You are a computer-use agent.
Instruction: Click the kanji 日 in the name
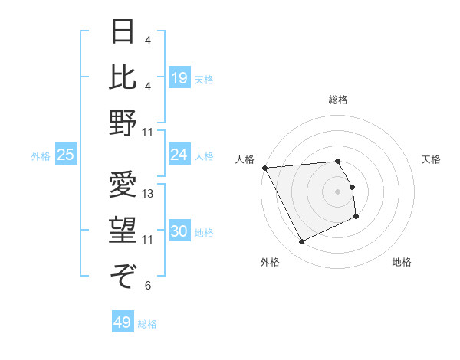click(x=123, y=33)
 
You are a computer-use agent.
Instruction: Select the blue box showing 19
click(x=179, y=77)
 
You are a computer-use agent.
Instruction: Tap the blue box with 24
click(x=179, y=155)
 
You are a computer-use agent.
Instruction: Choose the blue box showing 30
click(x=179, y=232)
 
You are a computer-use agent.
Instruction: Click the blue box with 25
click(x=66, y=155)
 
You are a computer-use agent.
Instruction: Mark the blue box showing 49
click(x=122, y=322)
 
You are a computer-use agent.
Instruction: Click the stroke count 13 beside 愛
click(x=148, y=194)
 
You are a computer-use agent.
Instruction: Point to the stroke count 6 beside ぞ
click(x=147, y=286)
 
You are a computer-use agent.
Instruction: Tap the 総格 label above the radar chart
click(x=338, y=100)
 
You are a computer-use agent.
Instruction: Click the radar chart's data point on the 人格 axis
click(x=264, y=167)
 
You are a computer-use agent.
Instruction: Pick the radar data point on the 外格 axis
click(x=301, y=242)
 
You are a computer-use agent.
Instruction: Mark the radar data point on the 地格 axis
click(x=356, y=217)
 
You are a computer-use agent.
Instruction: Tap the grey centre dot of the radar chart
click(x=338, y=191)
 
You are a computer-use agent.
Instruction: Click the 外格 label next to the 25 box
click(x=41, y=155)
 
